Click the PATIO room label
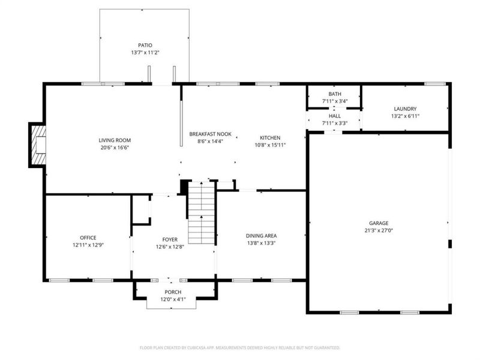click(x=145, y=45)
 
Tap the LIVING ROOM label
click(x=115, y=140)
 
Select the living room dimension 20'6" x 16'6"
click(x=115, y=148)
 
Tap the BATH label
click(x=334, y=94)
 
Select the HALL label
click(x=334, y=116)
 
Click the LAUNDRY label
click(x=405, y=109)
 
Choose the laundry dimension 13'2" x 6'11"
click(x=405, y=116)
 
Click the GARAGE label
click(x=379, y=223)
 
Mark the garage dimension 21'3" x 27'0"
click(x=379, y=230)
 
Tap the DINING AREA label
click(x=261, y=236)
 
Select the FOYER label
click(x=170, y=239)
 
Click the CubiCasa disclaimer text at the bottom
click(x=240, y=347)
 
